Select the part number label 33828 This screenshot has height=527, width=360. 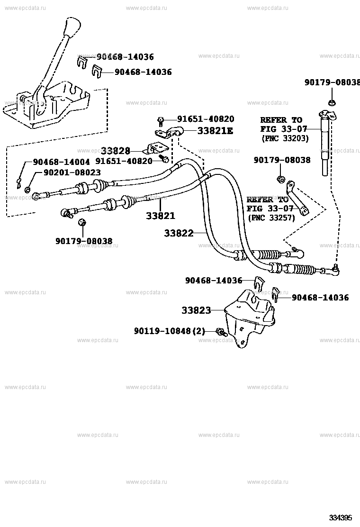(x=115, y=151)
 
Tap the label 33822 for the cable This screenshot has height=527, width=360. (x=179, y=233)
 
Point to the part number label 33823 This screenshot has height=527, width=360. (x=196, y=310)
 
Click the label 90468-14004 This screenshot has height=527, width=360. (x=61, y=162)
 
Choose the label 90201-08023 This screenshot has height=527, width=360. (x=72, y=173)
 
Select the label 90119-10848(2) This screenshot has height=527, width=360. (x=170, y=331)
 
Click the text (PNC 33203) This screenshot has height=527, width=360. (x=284, y=138)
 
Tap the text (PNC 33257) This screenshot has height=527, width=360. (x=271, y=218)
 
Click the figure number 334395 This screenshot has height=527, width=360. (x=341, y=518)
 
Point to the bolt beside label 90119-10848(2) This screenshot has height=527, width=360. (x=221, y=332)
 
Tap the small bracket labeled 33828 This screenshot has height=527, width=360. (x=156, y=148)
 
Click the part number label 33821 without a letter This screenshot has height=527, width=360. (x=160, y=216)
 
